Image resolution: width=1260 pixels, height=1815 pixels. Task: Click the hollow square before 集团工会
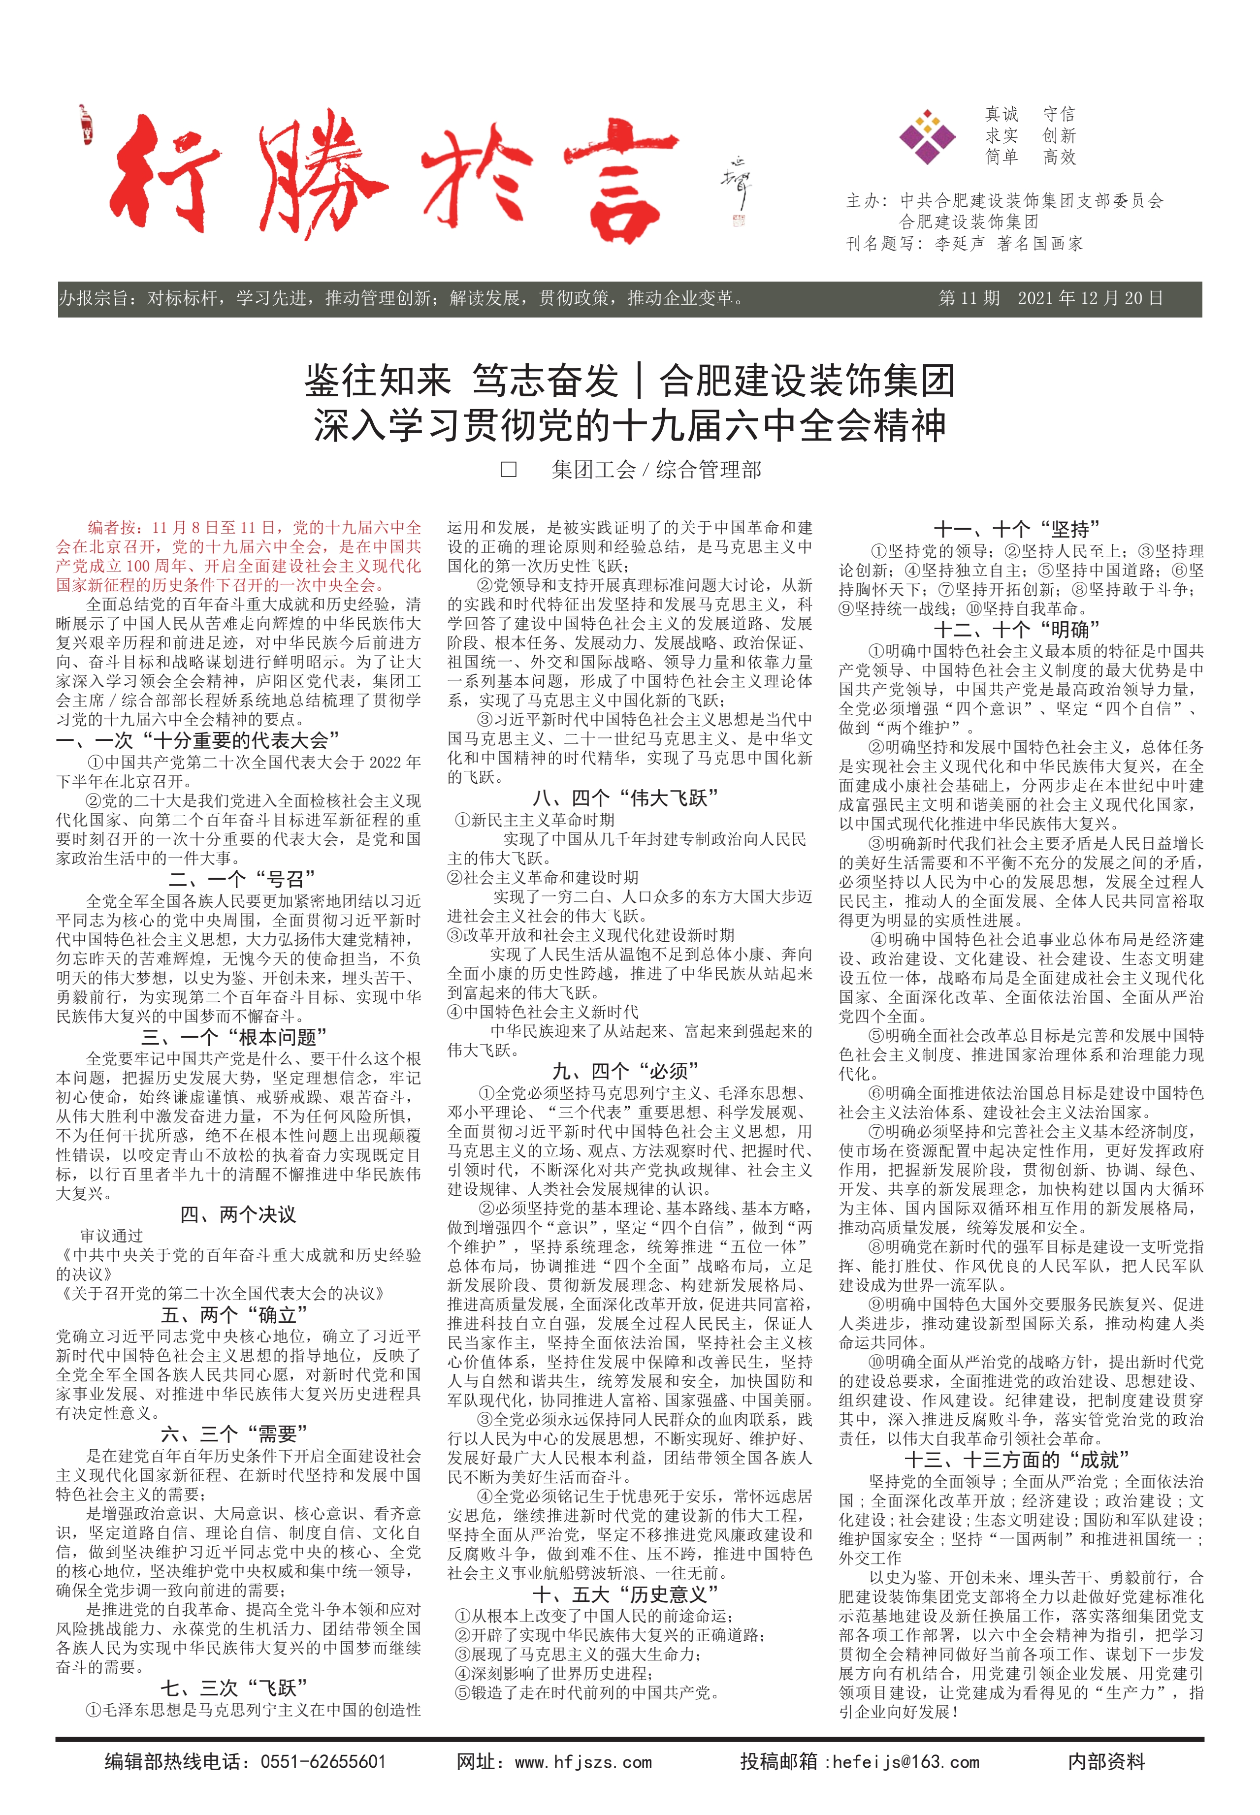tap(509, 470)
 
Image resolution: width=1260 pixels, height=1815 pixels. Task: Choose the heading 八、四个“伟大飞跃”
tap(625, 798)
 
